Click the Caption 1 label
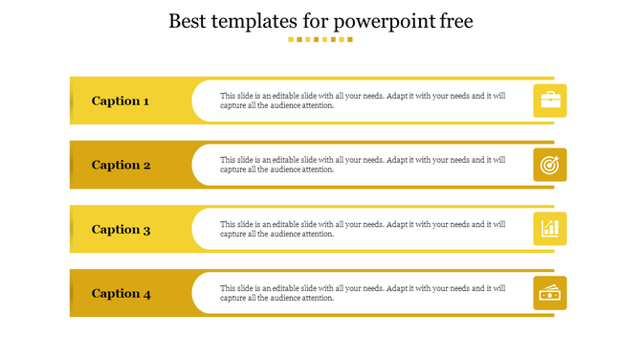click(121, 101)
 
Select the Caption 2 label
click(121, 165)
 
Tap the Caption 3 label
click(121, 229)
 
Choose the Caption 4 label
click(121, 294)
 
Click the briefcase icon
click(550, 101)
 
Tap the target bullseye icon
click(550, 165)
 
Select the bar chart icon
click(550, 229)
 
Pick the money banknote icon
click(550, 294)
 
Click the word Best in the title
click(187, 21)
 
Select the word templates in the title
click(256, 22)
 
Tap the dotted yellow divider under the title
click(320, 40)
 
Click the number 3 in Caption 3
click(146, 230)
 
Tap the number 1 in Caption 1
click(145, 101)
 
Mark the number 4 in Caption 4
click(146, 294)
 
